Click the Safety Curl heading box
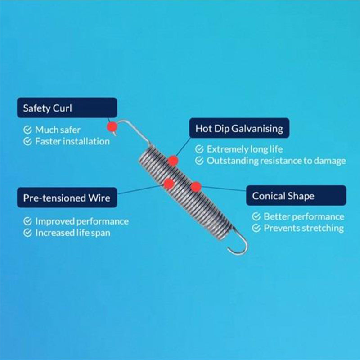point(67,108)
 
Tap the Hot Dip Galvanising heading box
point(239,128)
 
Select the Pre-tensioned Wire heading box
point(67,198)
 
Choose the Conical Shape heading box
point(296,195)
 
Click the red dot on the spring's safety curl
point(112,126)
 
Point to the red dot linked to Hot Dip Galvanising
point(173,161)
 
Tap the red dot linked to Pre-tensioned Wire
point(169,184)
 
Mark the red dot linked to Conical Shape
point(196,186)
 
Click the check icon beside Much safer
point(27,130)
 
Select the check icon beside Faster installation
point(27,141)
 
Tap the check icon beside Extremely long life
point(199,149)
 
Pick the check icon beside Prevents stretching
point(256,228)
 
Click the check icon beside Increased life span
point(27,233)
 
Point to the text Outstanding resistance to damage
point(276,161)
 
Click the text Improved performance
point(82,221)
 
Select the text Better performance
point(304,216)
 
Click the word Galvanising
point(257,129)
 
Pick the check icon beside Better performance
point(256,216)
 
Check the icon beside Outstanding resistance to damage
point(199,161)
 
